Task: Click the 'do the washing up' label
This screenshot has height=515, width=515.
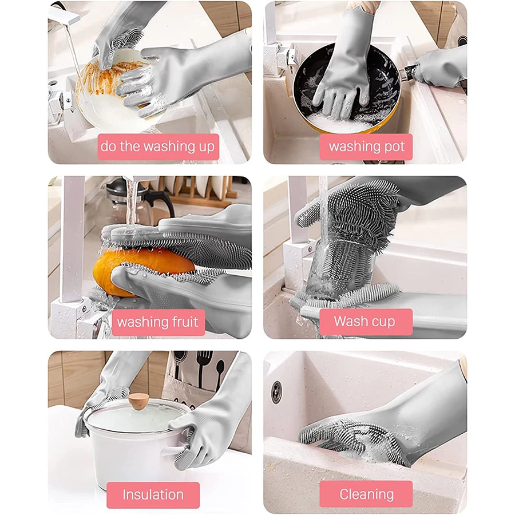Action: (158, 147)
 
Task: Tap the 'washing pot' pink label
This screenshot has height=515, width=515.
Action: (366, 147)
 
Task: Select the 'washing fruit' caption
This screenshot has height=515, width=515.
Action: (158, 322)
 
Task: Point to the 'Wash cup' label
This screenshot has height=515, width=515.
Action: (366, 322)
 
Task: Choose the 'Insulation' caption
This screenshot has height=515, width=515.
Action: (153, 495)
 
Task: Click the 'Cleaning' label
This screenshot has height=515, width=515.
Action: (366, 494)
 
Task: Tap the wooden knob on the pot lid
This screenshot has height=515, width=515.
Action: (138, 401)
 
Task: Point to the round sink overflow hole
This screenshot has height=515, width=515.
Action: (276, 392)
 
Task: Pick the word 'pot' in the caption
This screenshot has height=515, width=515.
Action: (394, 147)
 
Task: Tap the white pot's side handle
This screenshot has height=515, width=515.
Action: (173, 451)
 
